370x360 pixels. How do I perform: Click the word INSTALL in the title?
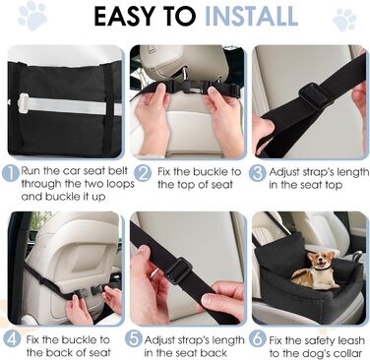251,16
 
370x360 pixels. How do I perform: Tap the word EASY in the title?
123,16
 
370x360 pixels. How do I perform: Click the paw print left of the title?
31,16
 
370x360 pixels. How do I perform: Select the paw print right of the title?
344,20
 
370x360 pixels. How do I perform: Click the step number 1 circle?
11,173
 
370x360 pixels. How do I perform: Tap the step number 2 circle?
143,173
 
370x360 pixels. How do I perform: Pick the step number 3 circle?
257,173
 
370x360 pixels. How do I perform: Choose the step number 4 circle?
13,339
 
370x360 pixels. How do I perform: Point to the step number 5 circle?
135,339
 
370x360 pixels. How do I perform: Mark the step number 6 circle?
257,339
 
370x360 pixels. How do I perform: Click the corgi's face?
317,260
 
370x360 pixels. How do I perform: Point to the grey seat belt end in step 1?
24,102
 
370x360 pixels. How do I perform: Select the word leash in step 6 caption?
347,340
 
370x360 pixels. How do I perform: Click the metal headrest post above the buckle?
186,74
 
